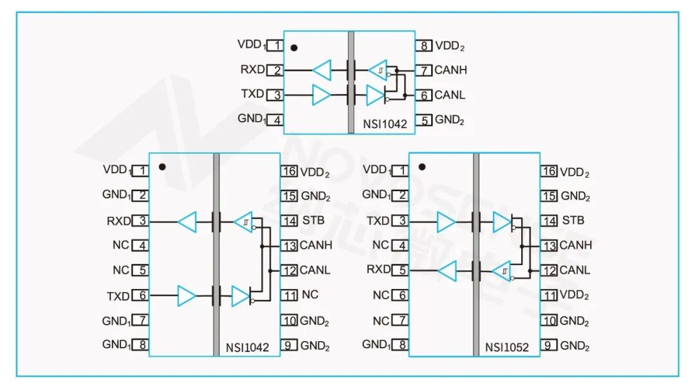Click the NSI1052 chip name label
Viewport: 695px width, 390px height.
coord(507,348)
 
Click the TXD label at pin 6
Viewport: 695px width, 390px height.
coord(118,296)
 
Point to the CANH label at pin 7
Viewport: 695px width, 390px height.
coord(450,70)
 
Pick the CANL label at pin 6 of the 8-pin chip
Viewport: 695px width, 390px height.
coord(450,95)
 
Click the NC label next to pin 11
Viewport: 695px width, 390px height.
coord(310,295)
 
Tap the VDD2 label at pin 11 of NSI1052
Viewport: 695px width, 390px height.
coord(575,295)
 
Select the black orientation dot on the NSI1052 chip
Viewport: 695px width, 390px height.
coord(422,167)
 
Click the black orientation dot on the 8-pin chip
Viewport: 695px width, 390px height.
coord(294,48)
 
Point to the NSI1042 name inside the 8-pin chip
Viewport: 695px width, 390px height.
coord(385,125)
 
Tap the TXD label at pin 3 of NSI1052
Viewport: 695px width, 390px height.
coord(378,221)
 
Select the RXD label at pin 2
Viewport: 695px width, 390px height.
coord(252,70)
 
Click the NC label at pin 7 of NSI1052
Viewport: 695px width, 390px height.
coord(381,320)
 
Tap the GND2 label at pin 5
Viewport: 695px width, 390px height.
coord(449,120)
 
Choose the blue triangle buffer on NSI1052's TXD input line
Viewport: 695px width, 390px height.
coord(446,223)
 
